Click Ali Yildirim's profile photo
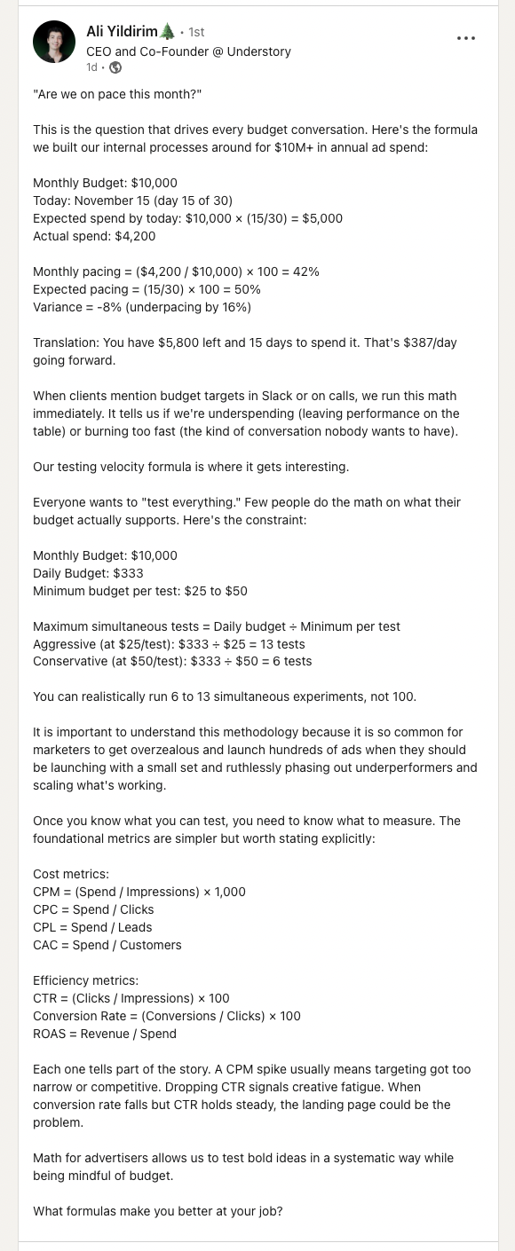coord(54,42)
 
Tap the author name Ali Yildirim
coord(121,32)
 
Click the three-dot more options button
coord(466,38)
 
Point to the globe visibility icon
coord(115,67)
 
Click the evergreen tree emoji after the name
coord(167,32)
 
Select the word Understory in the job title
coord(260,51)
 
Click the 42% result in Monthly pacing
coord(305,271)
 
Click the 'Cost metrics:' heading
coord(70,874)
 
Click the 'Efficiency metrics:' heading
coord(85,980)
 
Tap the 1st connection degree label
coord(196,33)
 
